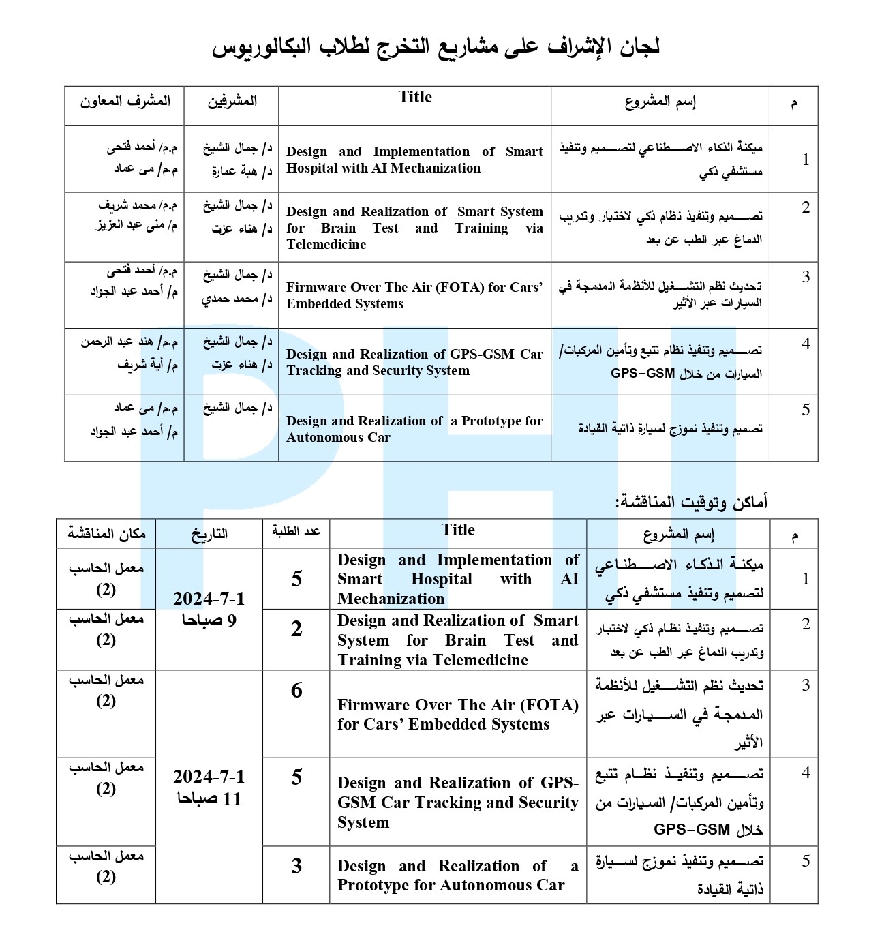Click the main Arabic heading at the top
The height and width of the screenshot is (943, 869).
[x=436, y=48]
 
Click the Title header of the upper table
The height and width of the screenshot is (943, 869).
[x=415, y=98]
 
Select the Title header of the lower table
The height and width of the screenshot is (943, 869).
[x=458, y=530]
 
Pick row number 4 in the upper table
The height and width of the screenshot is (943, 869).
[x=806, y=344]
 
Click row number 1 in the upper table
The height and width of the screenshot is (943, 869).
[x=806, y=160]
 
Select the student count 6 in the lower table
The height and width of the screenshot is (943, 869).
[x=296, y=691]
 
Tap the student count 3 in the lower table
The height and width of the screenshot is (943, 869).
[x=296, y=866]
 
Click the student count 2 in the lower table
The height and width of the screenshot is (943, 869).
[x=296, y=629]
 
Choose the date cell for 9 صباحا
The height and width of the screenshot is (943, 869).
[x=209, y=609]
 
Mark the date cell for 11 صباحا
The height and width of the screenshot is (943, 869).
[x=209, y=788]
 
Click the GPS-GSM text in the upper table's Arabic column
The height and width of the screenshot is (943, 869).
[x=642, y=374]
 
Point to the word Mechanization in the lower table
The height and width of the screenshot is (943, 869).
[x=391, y=599]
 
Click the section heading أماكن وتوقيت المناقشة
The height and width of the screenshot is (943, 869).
[x=692, y=503]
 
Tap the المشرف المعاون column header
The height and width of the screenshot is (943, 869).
[x=125, y=102]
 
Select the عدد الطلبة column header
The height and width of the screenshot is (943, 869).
[x=296, y=532]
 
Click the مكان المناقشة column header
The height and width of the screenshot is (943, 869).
[x=106, y=534]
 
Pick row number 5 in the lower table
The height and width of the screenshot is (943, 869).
[x=806, y=861]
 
